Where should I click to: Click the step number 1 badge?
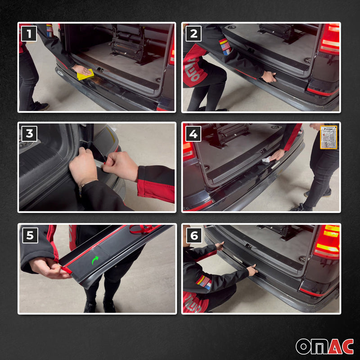point(29,34)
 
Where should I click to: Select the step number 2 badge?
point(194,34)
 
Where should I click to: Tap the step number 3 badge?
point(29,134)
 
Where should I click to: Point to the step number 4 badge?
point(194,134)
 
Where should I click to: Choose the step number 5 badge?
point(29,235)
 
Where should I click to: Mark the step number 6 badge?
point(194,235)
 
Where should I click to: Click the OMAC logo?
point(324,346)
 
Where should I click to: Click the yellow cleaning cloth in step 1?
point(85,74)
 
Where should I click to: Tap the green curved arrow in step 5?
point(95,260)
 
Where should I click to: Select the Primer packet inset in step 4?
point(328,137)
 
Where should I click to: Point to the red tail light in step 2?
point(330,40)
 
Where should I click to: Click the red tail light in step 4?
point(189,151)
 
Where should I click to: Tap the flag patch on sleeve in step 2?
point(225,46)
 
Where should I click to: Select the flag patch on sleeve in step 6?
point(203,282)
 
